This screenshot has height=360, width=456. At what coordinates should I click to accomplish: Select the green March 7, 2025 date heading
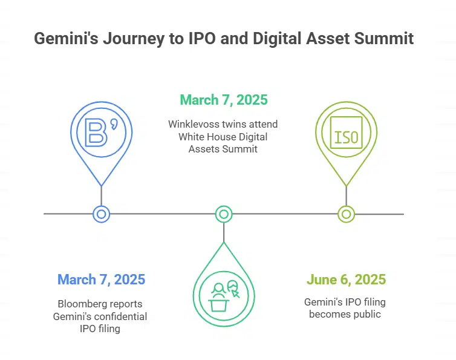coord(224,99)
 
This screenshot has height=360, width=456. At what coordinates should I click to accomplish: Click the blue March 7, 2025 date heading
coord(101,280)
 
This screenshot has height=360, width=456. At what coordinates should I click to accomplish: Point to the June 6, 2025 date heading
coord(346,280)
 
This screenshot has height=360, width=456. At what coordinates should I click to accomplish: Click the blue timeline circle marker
coord(102,214)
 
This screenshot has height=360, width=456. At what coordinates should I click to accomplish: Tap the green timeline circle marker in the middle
coord(224,214)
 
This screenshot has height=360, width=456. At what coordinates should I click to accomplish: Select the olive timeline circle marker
coord(346,214)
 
